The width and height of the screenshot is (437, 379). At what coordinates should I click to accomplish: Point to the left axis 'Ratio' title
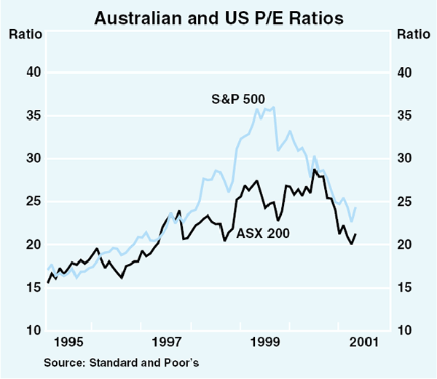[x=24, y=34]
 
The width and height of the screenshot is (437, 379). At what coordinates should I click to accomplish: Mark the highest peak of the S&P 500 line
[x=273, y=107]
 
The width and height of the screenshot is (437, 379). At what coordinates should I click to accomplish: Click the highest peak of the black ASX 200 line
[x=314, y=169]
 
